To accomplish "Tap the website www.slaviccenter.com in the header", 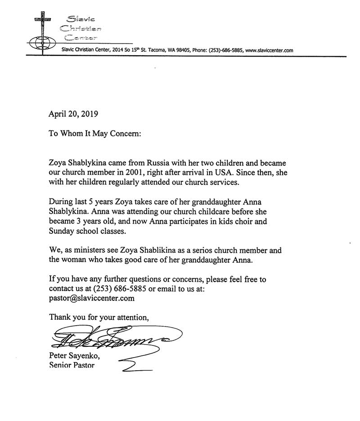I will (269, 51).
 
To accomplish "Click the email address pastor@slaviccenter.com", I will (92, 298).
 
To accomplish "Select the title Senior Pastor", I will (72, 365).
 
